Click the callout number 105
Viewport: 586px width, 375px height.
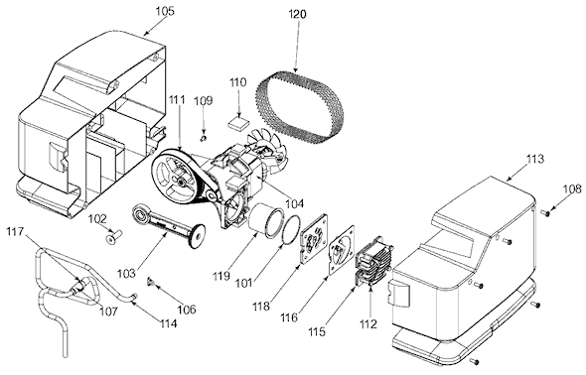(x=165, y=11)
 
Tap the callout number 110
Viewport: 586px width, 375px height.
(x=238, y=81)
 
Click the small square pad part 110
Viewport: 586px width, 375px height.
(x=238, y=122)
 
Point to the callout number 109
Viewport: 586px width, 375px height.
(x=204, y=100)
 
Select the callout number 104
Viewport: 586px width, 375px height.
(x=295, y=203)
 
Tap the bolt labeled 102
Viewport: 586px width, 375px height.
(x=114, y=238)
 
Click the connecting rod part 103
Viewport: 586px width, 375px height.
(x=168, y=226)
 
